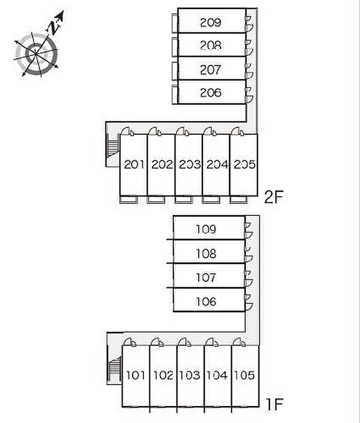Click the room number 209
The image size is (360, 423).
tap(211, 23)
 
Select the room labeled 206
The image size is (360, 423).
tap(211, 93)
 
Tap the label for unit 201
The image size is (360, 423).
tap(134, 164)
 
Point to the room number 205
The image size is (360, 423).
tap(244, 164)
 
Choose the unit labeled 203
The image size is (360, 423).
tap(190, 164)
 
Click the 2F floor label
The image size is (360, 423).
tap(274, 198)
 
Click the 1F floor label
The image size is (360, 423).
tap(275, 404)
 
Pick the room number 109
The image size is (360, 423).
tap(206, 229)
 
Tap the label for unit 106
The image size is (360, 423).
tap(206, 302)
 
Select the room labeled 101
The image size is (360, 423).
tap(136, 375)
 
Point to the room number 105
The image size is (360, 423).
tap(244, 375)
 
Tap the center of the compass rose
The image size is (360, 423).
tap(36, 54)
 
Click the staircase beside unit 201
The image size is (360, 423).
tap(113, 148)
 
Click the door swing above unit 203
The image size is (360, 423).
tap(183, 131)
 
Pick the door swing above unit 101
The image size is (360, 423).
tap(130, 342)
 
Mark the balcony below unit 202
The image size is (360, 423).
tap(156, 199)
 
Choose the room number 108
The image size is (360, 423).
tap(206, 253)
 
